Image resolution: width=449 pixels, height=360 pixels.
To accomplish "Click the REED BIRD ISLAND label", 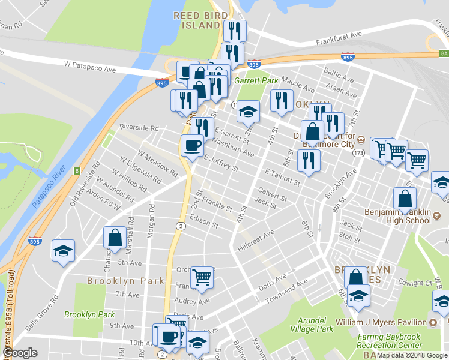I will point(200,20).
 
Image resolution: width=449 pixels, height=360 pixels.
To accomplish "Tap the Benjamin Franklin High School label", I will point(397,216).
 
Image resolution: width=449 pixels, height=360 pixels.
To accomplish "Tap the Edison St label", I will point(203,222).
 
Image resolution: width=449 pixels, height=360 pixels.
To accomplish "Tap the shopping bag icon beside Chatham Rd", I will point(115,238).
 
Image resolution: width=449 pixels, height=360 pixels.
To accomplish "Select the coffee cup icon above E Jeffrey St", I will point(192,145).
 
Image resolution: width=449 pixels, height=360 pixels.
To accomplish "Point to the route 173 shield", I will point(358,154).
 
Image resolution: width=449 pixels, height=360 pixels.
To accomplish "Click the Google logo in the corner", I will point(20,353).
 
